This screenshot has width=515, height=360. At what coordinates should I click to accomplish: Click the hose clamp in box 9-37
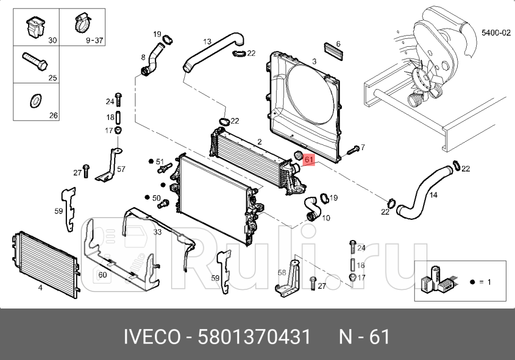click(x=81, y=23)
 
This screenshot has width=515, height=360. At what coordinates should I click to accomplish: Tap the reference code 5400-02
click(x=491, y=32)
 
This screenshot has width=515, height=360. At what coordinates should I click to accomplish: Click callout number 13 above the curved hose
click(x=207, y=41)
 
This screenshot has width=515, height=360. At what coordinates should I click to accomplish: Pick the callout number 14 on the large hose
click(x=433, y=195)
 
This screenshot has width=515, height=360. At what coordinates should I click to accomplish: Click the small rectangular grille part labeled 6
click(x=333, y=52)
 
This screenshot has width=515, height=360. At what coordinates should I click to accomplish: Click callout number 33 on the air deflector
click(x=157, y=232)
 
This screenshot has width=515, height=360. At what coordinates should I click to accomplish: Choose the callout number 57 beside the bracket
click(x=121, y=169)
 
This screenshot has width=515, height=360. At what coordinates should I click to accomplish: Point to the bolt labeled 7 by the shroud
click(x=352, y=151)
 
